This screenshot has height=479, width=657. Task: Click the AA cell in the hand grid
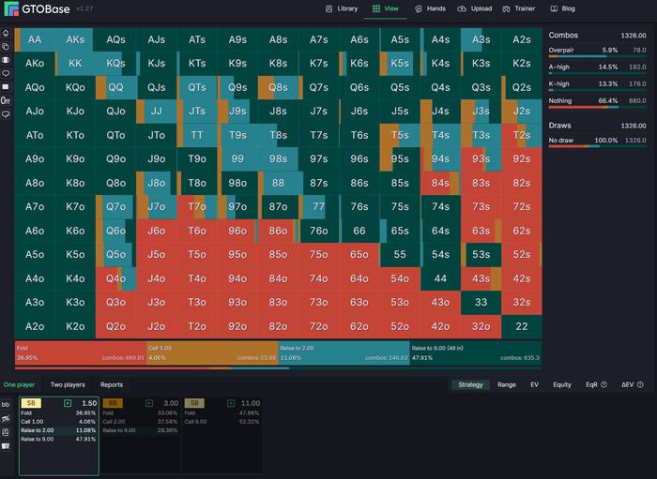[35, 39]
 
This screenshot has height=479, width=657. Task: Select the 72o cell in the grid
[319, 326]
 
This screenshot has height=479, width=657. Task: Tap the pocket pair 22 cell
[522, 326]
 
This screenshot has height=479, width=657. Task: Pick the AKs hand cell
[75, 39]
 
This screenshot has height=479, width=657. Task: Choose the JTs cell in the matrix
[197, 111]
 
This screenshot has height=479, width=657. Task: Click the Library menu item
[341, 8]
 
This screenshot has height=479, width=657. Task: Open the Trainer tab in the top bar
[519, 8]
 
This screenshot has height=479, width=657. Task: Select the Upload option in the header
[475, 8]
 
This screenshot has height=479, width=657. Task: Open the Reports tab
[112, 384]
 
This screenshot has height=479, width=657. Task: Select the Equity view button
[562, 384]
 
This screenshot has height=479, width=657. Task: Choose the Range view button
[507, 384]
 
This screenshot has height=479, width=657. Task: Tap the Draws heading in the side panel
[559, 125]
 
